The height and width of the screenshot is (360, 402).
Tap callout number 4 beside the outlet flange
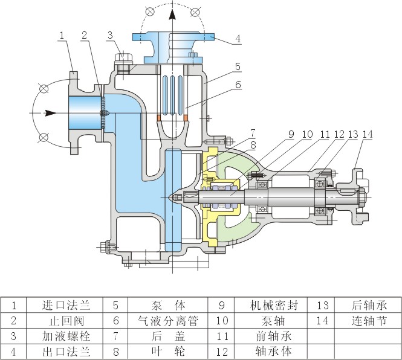click(238, 39)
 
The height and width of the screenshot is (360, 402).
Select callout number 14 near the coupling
click(367, 134)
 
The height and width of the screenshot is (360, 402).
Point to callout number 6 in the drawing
click(238, 86)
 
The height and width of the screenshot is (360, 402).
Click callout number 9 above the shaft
click(291, 134)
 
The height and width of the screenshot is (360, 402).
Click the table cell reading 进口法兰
click(67, 305)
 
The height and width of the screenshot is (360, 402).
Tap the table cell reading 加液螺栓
click(67, 335)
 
